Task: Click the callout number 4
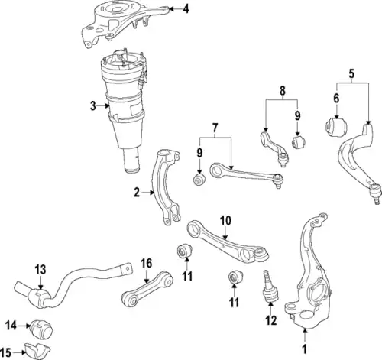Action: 186,9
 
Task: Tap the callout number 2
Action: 137,193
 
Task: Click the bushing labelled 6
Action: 337,127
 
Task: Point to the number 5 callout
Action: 351,74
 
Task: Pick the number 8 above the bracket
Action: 283,91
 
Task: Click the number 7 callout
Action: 215,128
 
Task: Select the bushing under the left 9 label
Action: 199,180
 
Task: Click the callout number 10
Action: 225,221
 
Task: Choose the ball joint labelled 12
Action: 270,286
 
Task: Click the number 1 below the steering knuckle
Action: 305,349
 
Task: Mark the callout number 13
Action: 40,270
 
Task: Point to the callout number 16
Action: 147,263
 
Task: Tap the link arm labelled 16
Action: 147,290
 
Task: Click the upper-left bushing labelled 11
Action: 185,251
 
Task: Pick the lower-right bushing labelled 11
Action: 235,277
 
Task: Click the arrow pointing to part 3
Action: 104,105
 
